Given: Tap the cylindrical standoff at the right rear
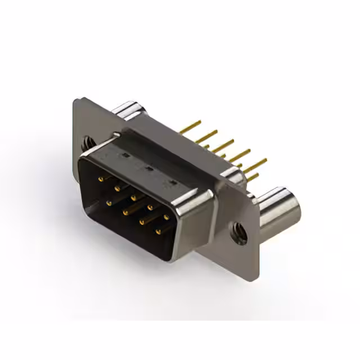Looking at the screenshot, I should click(280, 212).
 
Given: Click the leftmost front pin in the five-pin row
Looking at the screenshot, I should click(101, 179).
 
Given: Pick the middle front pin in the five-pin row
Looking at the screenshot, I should click(134, 197).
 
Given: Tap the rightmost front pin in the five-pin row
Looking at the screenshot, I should click(166, 217).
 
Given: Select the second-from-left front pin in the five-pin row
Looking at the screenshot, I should click(118, 188).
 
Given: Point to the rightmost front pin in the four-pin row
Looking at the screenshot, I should click(159, 231).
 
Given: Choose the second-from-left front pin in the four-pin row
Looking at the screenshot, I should click(125, 212).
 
